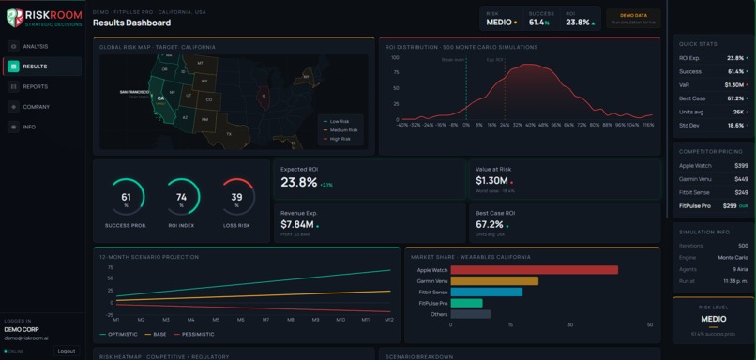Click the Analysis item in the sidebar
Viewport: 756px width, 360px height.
coord(36,46)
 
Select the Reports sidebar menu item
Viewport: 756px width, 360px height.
coord(36,86)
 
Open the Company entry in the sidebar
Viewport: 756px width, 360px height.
coord(37,107)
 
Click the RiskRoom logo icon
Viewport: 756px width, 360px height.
coord(14,18)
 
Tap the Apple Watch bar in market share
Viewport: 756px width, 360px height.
coord(534,269)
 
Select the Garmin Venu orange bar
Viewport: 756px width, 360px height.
coord(494,280)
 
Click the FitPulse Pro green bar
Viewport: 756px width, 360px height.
coord(466,303)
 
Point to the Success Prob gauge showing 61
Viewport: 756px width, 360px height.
coord(126,198)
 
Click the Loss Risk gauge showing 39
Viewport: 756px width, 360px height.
coord(236,198)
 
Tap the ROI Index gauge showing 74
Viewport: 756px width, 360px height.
coord(181,198)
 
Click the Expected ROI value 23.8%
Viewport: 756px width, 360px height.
coord(299,182)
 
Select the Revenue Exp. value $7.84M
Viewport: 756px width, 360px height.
coord(297,224)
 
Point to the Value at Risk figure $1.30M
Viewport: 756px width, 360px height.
coord(492,181)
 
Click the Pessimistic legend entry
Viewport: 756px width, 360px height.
coord(195,334)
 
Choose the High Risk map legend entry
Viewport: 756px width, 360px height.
coord(339,139)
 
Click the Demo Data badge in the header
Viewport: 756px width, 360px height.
coord(633,18)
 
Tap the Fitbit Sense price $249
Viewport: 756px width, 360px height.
coord(741,191)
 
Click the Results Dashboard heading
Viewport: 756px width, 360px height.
coord(131,22)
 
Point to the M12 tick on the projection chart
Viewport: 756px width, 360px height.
coord(388,320)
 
